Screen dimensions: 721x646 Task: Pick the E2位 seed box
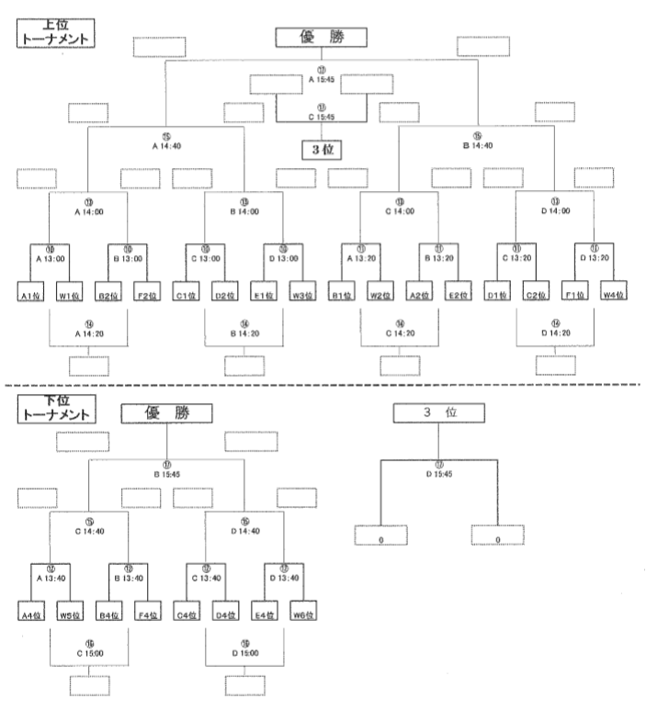pyautogui.click(x=457, y=295)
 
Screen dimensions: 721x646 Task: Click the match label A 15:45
pyautogui.click(x=321, y=79)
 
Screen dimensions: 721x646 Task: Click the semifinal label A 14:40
pyautogui.click(x=165, y=144)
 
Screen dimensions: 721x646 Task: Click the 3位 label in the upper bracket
pyautogui.click(x=321, y=148)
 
